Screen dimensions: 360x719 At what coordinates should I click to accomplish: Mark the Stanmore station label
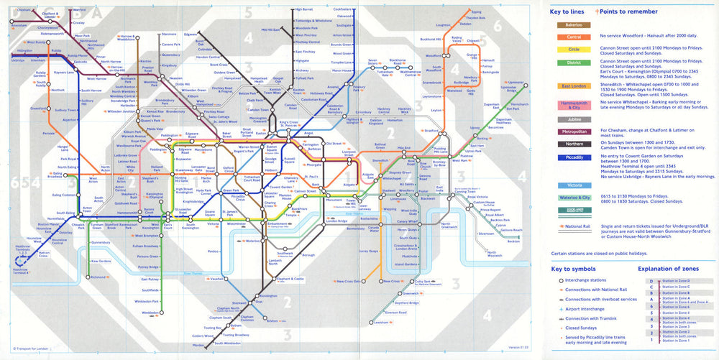pos(169,34)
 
